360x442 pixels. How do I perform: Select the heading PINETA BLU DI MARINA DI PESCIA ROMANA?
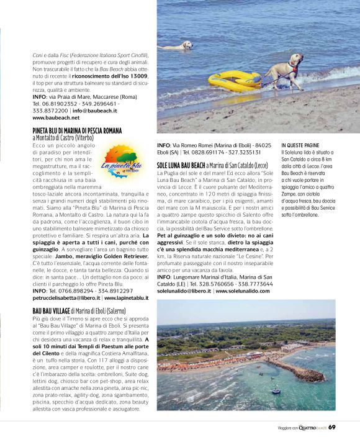pyautogui.click(x=77, y=130)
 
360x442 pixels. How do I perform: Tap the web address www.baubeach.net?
pyautogui.click(x=56, y=117)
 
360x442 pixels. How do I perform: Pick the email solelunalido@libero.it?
pyautogui.click(x=184, y=290)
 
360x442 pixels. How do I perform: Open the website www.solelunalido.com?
pyautogui.click(x=242, y=290)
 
